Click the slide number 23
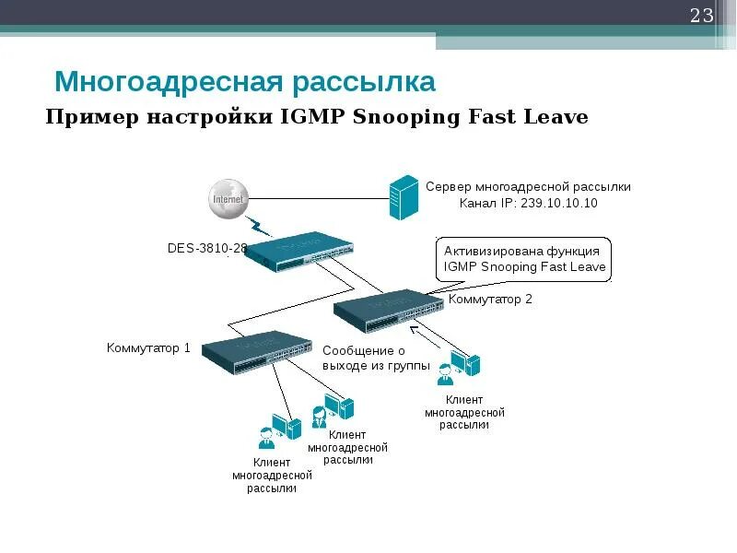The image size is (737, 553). click(702, 16)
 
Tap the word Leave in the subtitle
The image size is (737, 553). click(556, 117)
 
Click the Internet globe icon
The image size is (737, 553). click(228, 199)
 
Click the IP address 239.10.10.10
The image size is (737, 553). click(556, 203)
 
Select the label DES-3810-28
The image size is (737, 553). click(206, 248)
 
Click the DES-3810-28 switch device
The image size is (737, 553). click(302, 248)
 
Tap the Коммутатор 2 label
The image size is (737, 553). click(490, 300)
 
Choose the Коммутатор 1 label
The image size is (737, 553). click(148, 348)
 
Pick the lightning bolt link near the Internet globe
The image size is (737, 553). click(259, 225)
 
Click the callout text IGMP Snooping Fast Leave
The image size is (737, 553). click(524, 267)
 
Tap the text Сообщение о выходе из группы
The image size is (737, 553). click(376, 358)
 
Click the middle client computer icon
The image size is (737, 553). click(333, 408)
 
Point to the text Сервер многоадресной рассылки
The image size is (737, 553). click(528, 186)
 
